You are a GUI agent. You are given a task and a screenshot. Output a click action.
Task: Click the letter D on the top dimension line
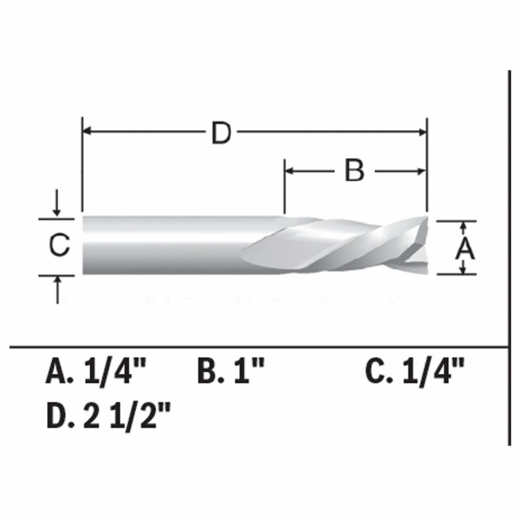click(221, 134)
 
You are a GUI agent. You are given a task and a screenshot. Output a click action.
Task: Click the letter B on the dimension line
click(354, 171)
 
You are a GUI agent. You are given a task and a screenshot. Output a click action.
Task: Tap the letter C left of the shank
click(60, 246)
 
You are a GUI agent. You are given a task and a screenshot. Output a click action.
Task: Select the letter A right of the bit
click(465, 249)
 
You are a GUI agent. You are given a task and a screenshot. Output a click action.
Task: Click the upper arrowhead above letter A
click(464, 226)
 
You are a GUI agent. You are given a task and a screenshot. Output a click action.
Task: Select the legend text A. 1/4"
click(96, 372)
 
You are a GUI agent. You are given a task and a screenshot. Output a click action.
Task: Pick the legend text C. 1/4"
click(415, 372)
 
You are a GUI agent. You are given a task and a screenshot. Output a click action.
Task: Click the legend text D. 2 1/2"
click(108, 416)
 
